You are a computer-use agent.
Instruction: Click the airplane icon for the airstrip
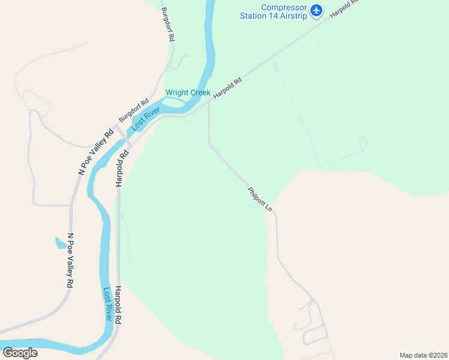316,10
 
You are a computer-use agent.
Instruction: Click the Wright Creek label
188,93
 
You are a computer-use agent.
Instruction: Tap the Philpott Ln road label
261,200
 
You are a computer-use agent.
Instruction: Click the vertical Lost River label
109,304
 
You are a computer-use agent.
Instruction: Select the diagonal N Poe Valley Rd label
96,152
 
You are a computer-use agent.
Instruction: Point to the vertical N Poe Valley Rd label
70,260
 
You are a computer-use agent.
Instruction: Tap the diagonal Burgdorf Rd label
133,111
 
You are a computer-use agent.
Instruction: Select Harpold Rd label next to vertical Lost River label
119,305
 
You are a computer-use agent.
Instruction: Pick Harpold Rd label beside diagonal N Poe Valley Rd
123,169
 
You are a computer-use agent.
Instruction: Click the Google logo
20,353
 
